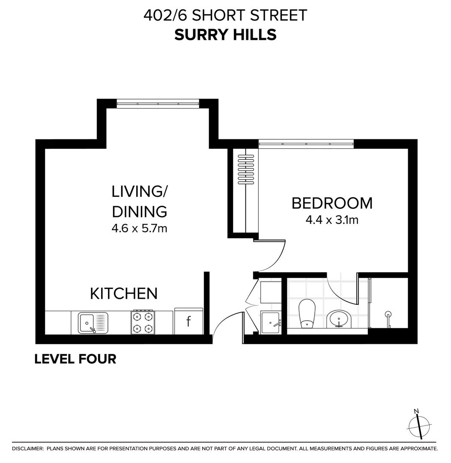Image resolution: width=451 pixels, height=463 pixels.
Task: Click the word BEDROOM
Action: tap(332, 203)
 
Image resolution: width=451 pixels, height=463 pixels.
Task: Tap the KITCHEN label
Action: tap(124, 294)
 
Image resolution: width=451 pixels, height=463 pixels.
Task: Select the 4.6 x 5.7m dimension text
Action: tap(139, 228)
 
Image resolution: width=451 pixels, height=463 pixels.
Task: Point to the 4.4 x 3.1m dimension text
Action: tap(332, 220)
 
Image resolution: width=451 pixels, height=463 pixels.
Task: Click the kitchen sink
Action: tap(93, 323)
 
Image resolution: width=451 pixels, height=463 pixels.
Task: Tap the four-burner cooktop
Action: tap(143, 322)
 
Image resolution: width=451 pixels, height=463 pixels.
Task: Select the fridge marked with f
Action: tap(188, 322)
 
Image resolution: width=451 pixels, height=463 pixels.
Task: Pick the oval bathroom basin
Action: tap(340, 319)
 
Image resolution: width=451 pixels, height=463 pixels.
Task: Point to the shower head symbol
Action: tap(388, 314)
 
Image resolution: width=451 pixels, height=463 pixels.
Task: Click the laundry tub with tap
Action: tap(271, 322)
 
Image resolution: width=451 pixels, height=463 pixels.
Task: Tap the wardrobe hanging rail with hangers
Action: tap(243, 169)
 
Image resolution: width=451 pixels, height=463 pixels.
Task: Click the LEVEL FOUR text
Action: tap(75, 359)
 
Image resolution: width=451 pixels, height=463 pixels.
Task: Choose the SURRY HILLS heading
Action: tap(225, 35)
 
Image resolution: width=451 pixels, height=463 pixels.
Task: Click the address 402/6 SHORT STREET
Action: tap(225, 15)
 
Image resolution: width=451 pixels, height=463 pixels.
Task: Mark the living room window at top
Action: tap(158, 103)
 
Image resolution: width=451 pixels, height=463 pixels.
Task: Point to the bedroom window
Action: tap(306, 144)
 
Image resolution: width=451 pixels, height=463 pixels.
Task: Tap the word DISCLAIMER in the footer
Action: tap(27, 449)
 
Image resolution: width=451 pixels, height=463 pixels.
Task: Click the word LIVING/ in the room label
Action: tap(139, 192)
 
